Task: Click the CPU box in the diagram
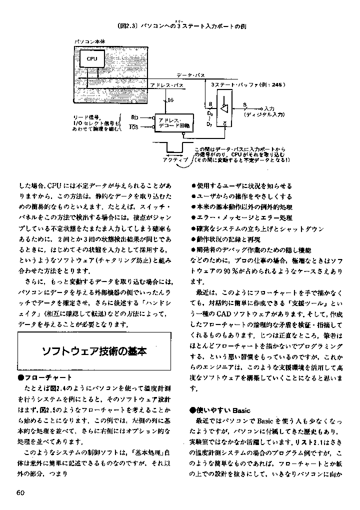(x=91, y=59)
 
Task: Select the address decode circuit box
(x=171, y=123)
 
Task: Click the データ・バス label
(x=191, y=74)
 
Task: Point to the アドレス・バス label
(x=167, y=85)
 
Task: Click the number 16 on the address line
(x=170, y=100)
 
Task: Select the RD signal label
(x=134, y=116)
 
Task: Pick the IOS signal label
(x=133, y=127)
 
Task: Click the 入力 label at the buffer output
(x=269, y=108)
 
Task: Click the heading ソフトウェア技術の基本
(x=93, y=351)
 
